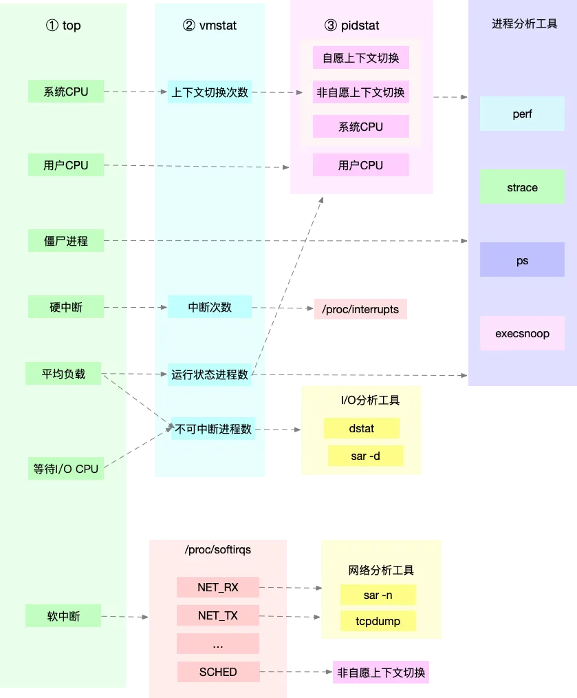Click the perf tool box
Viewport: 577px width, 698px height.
click(x=522, y=114)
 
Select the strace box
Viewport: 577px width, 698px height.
click(x=522, y=187)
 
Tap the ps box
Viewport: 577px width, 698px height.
click(x=522, y=261)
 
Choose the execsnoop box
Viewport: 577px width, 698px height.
click(x=522, y=334)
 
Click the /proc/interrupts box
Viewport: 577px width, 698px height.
click(x=360, y=309)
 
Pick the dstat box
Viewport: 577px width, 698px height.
click(x=361, y=428)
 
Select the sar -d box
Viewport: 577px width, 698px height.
click(x=365, y=456)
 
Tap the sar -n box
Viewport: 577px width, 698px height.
click(x=378, y=595)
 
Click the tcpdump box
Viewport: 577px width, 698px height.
click(x=378, y=621)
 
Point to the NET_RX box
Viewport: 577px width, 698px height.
click(x=217, y=587)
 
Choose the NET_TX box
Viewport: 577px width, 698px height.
click(x=217, y=615)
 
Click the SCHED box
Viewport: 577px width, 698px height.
click(x=217, y=671)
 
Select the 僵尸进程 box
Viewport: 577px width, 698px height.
click(x=66, y=241)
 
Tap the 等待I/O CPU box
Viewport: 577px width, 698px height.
click(x=66, y=469)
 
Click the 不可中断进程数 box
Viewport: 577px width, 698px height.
click(x=213, y=429)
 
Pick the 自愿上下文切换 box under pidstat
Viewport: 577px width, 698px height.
click(x=360, y=58)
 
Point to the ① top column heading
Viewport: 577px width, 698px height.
click(x=63, y=25)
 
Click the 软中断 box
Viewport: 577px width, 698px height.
click(x=63, y=616)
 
